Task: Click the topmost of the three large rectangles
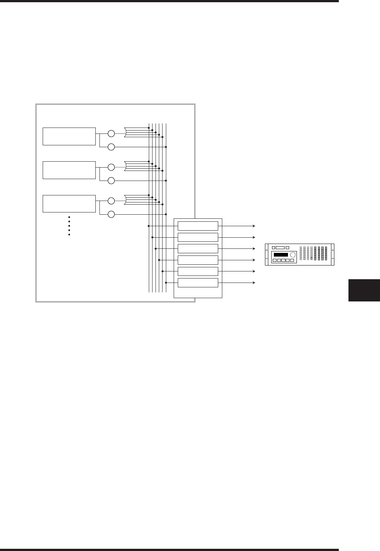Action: (69, 136)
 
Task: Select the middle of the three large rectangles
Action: (69, 170)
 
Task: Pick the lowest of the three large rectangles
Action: (69, 204)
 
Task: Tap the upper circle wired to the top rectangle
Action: (111, 133)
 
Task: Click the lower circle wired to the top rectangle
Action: (111, 147)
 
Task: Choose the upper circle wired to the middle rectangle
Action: (111, 167)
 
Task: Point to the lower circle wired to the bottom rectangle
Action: (111, 214)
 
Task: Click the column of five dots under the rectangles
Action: (69, 226)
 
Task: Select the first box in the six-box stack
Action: (198, 226)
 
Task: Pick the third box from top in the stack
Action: (198, 248)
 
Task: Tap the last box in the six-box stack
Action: (198, 283)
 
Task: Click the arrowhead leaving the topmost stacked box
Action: (254, 226)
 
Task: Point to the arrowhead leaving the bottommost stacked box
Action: (254, 283)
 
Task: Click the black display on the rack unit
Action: (281, 255)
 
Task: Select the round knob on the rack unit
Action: (293, 255)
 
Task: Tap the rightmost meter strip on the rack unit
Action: (326, 254)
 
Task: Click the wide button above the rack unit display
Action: (280, 248)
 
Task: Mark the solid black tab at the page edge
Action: (364, 290)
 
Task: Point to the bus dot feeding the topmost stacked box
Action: (149, 226)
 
